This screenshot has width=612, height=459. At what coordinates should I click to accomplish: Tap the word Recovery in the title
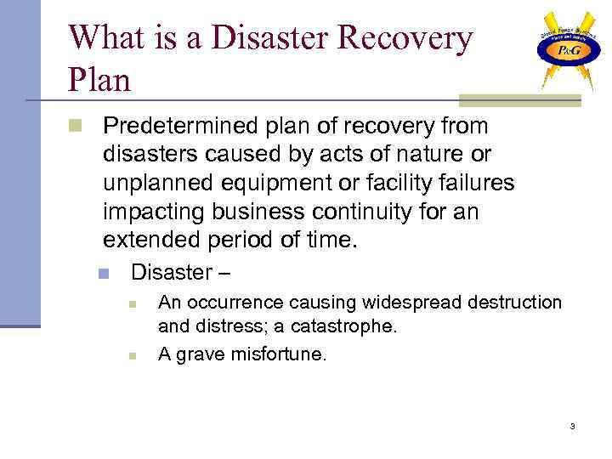(x=406, y=38)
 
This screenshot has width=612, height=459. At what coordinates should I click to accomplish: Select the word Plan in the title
(x=99, y=80)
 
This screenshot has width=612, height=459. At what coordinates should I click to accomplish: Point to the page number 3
(x=572, y=426)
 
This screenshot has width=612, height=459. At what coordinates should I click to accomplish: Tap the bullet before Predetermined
(x=75, y=127)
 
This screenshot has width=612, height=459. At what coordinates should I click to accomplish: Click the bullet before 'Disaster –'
(x=103, y=274)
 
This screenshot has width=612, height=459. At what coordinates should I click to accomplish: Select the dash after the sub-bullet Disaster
(x=224, y=273)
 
